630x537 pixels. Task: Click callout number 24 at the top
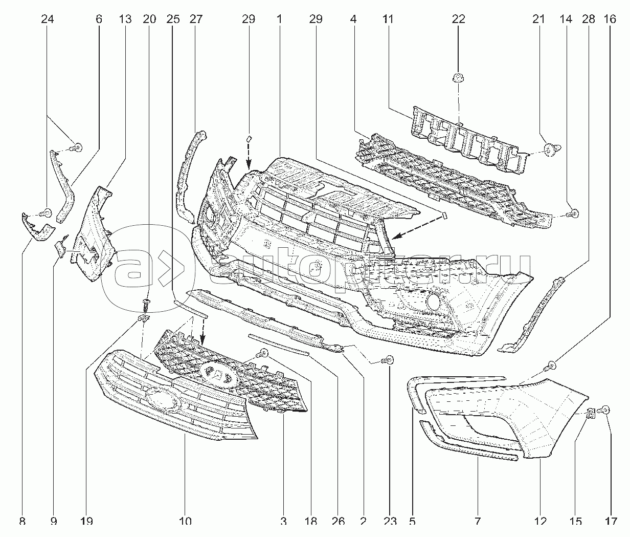point(47,19)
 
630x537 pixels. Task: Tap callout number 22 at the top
point(458,19)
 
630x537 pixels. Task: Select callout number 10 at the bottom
point(185,522)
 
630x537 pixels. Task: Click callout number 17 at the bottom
point(610,522)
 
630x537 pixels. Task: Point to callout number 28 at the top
point(589,19)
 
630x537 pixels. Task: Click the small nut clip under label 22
point(458,78)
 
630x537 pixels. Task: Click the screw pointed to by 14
point(574,212)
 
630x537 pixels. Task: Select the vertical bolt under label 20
point(147,305)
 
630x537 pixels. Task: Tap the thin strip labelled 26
point(279,344)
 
